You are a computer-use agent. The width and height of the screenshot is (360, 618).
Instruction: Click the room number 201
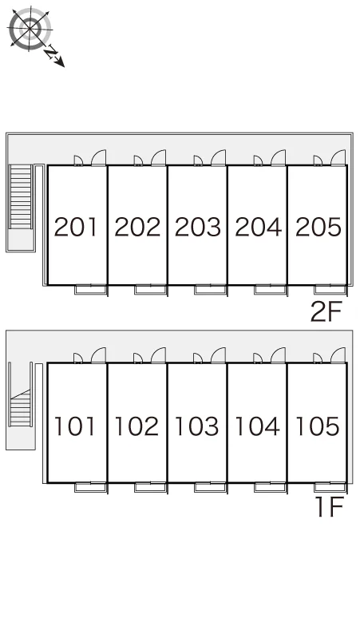[x=75, y=227]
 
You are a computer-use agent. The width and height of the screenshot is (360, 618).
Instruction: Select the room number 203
[x=198, y=227]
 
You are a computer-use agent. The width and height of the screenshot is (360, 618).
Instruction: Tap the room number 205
[x=318, y=227]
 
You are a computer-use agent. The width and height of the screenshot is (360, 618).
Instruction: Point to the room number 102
[x=136, y=426]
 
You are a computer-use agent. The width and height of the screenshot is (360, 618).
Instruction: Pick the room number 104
[x=258, y=426]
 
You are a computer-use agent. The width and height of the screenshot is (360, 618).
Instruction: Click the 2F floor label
[x=326, y=311]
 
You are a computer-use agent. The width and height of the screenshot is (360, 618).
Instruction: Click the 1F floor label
[x=330, y=506]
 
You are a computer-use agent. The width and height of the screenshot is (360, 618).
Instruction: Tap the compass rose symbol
[x=30, y=30]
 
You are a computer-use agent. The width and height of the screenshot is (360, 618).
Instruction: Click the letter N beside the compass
[x=50, y=53]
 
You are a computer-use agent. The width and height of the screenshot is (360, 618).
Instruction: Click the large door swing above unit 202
[x=159, y=157]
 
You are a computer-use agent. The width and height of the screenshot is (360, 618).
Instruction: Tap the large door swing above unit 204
[x=279, y=157]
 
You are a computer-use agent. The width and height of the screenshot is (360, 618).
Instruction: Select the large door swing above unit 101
[x=98, y=355]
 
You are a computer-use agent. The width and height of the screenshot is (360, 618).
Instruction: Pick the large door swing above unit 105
[x=338, y=355]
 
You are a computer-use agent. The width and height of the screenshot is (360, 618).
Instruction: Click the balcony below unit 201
[x=91, y=290]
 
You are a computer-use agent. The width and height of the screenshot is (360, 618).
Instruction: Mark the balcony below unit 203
[x=211, y=290]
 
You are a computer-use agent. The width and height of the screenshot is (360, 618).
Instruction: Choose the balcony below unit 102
[x=151, y=487]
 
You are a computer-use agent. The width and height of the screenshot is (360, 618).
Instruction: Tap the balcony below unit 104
[x=271, y=487]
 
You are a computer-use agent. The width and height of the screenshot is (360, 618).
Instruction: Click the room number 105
[x=318, y=426]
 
